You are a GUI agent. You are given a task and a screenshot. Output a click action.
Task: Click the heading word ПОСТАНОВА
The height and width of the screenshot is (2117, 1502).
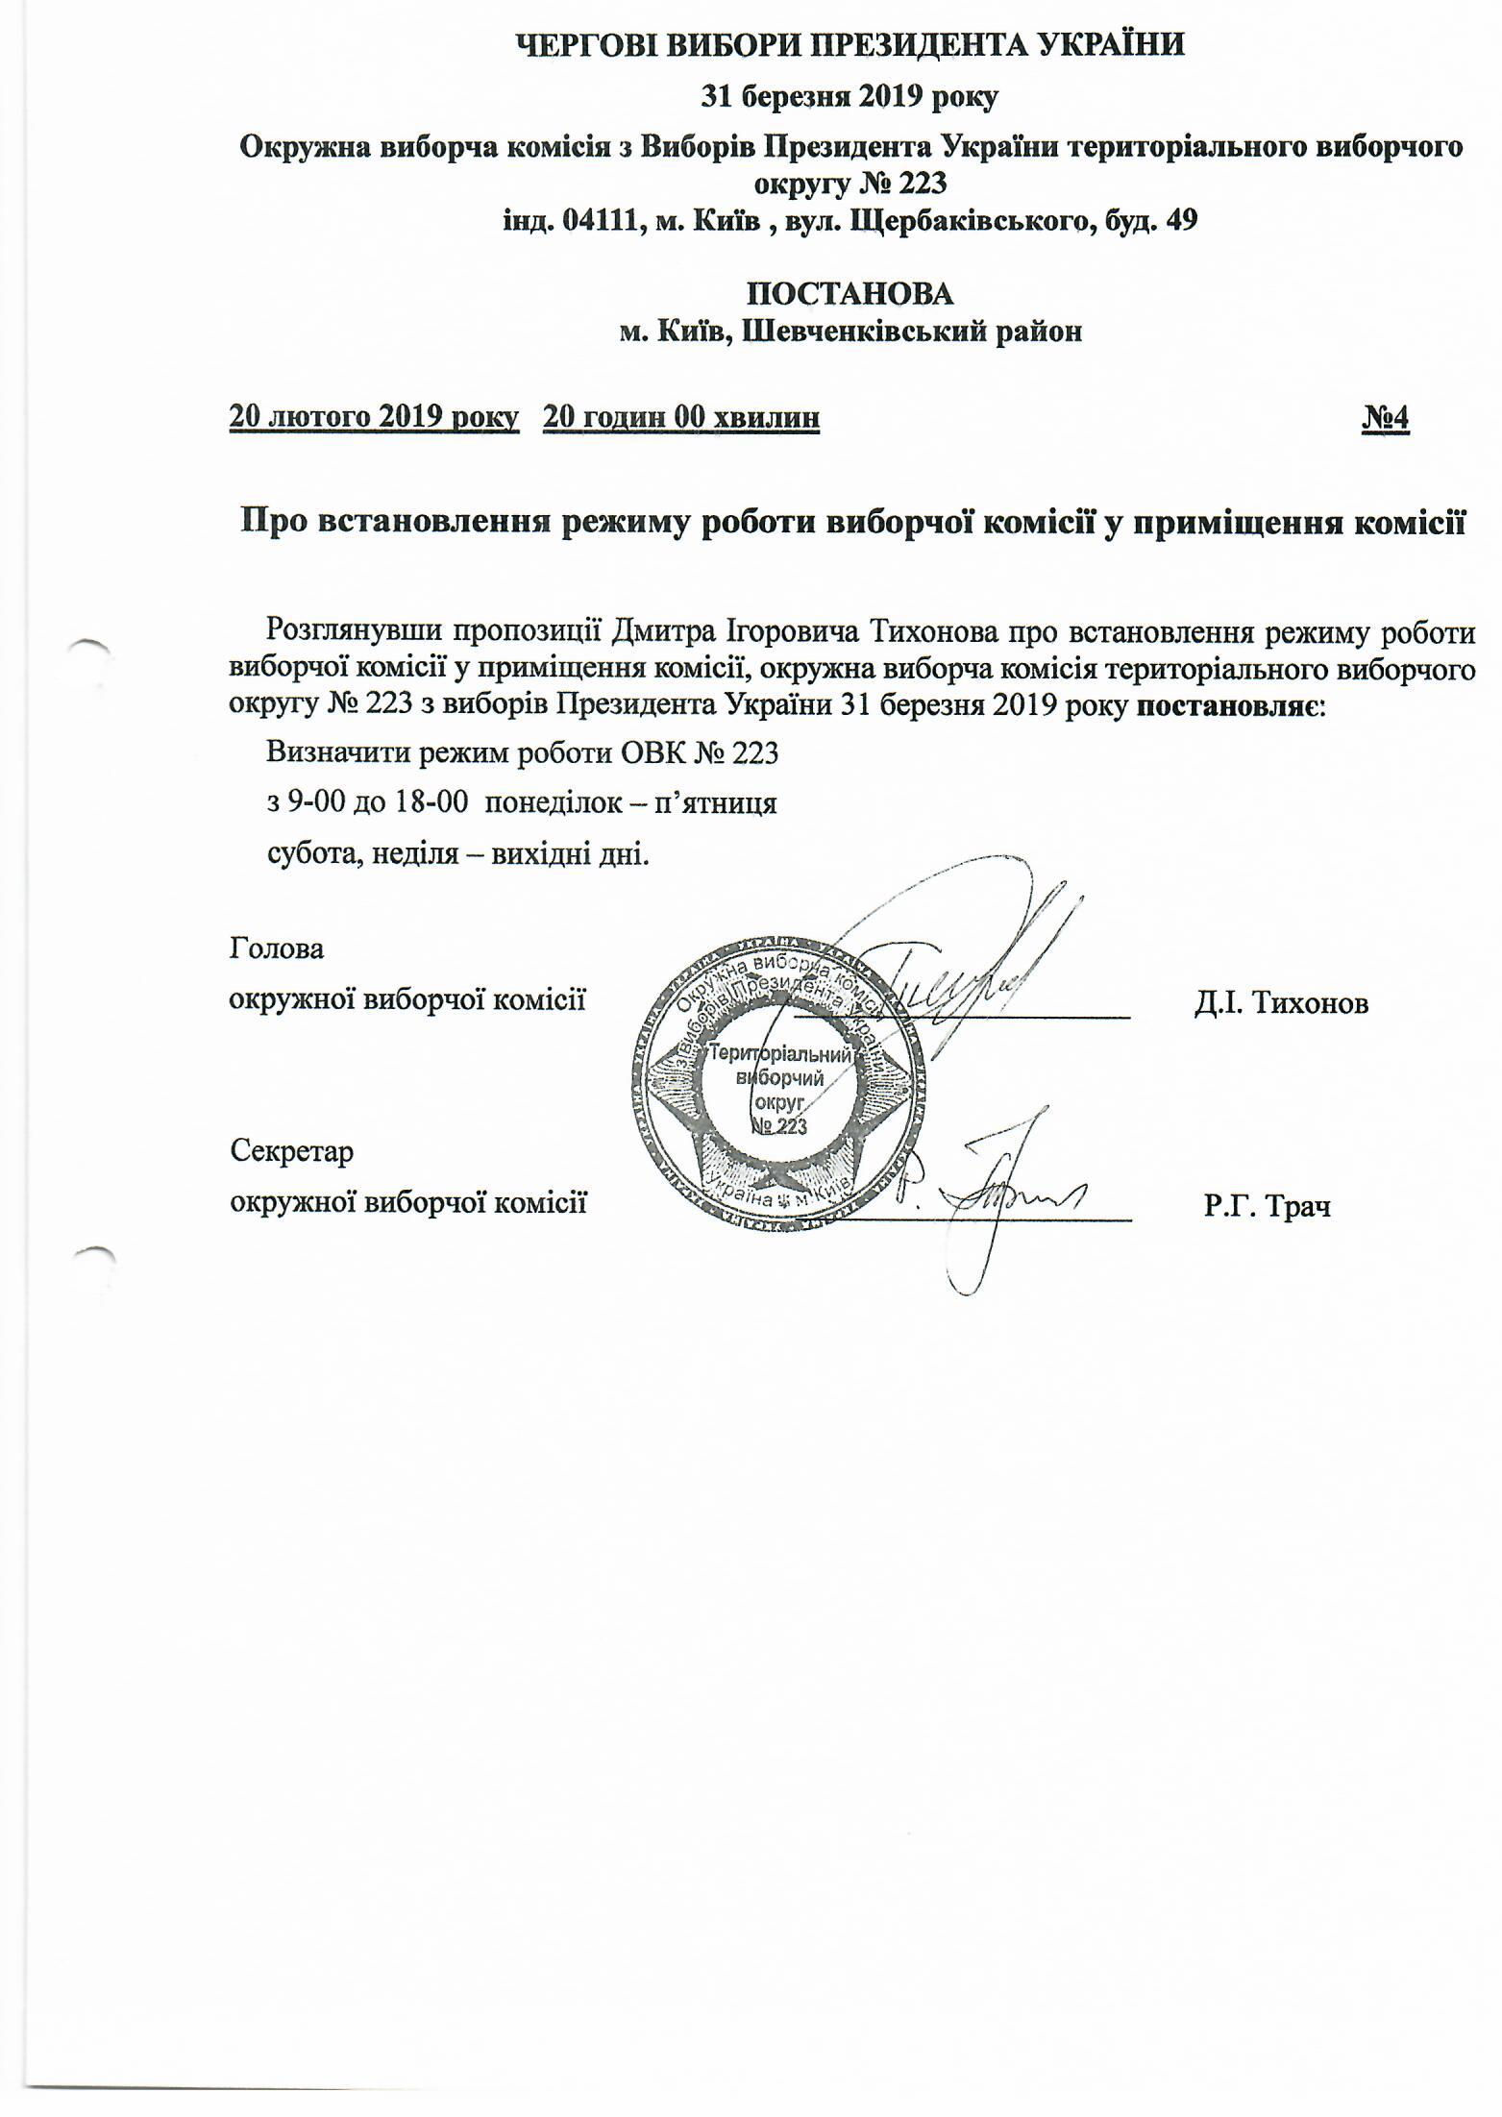click(x=850, y=293)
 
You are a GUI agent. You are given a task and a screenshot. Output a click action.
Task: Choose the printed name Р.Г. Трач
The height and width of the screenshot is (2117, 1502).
click(x=1268, y=1205)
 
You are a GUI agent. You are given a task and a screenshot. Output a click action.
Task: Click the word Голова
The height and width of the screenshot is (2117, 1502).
click(x=277, y=949)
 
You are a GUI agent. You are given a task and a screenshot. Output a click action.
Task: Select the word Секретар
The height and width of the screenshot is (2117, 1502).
click(x=292, y=1150)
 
